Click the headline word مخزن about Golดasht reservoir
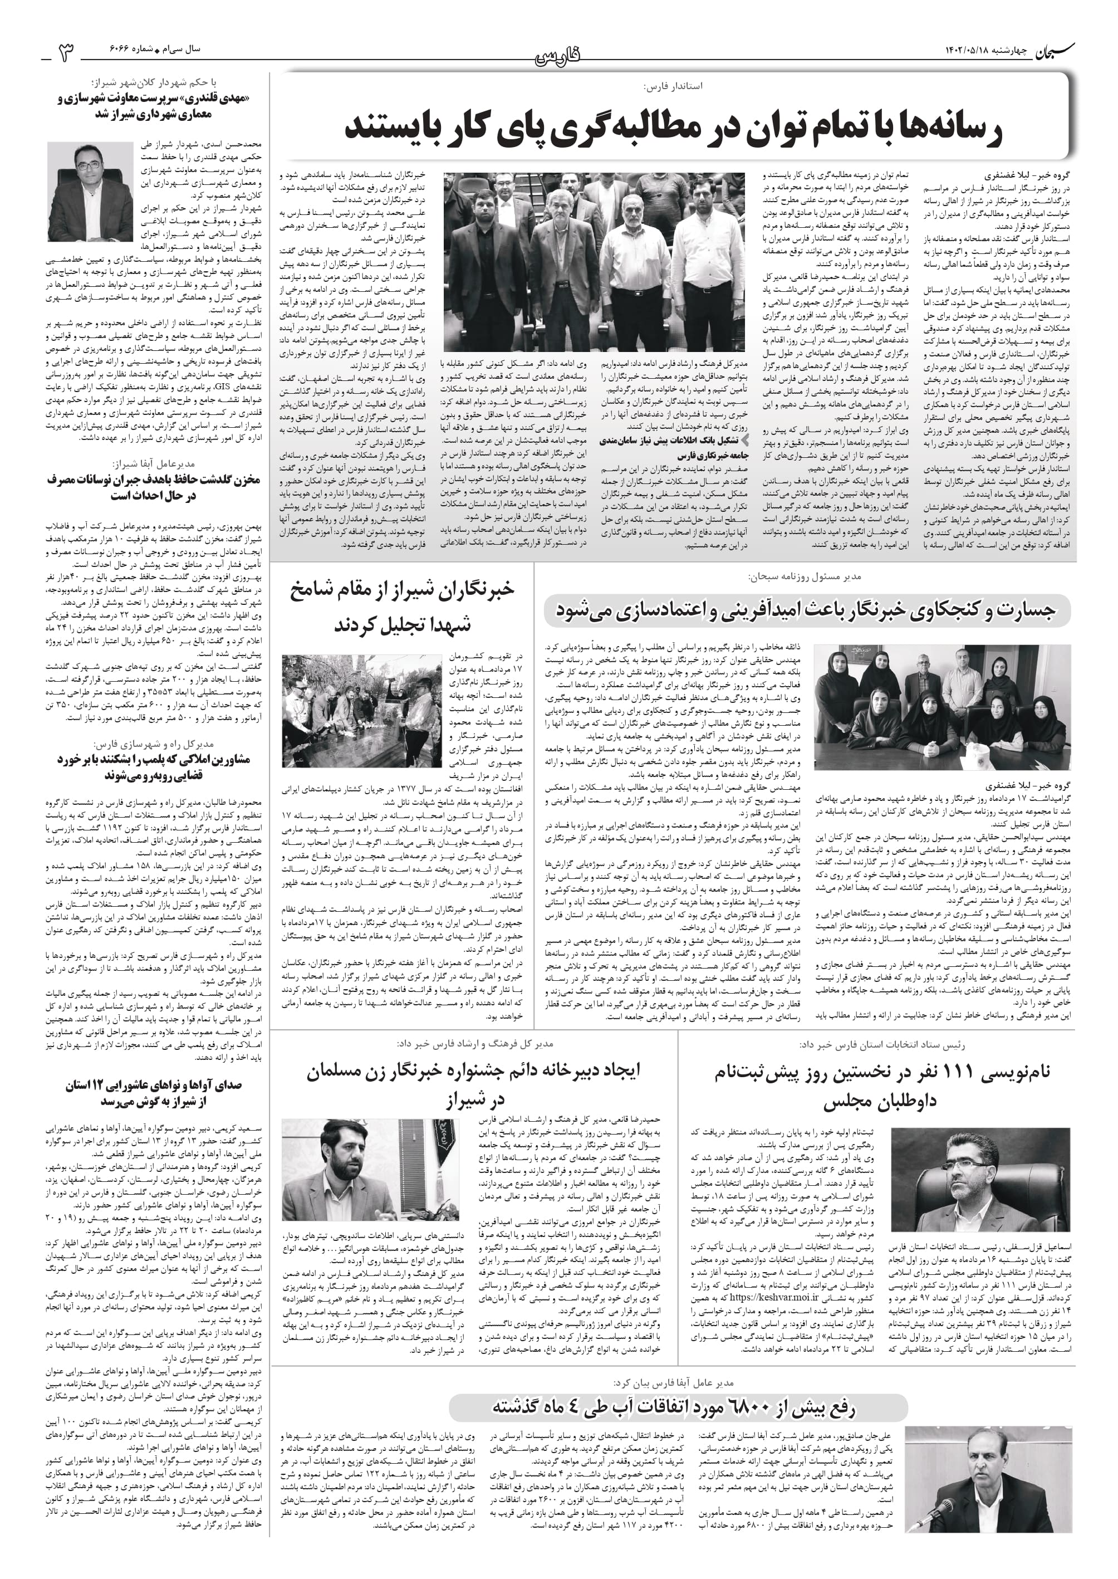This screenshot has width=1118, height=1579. click(242, 480)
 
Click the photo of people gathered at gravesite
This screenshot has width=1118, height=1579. click(361, 711)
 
